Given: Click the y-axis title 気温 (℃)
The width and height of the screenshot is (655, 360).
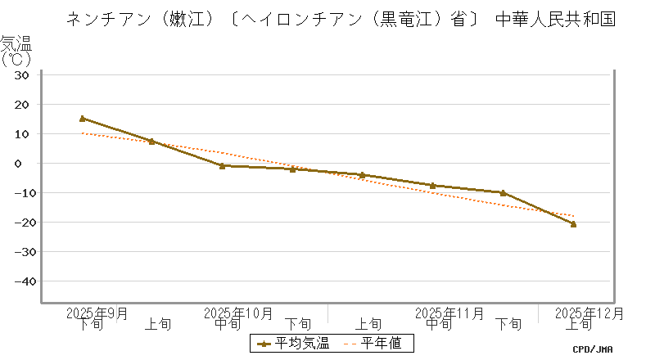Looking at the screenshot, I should tap(16, 51).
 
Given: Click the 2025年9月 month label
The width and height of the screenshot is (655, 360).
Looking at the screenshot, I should tap(97, 313).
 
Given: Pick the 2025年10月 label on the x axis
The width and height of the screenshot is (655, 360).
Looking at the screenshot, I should tap(237, 313).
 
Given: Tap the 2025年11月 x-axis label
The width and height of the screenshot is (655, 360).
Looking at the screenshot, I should tap(449, 313).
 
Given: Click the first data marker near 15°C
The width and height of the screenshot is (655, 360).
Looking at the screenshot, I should tap(82, 119).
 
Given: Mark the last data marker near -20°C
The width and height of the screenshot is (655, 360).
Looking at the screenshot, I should tap(573, 223).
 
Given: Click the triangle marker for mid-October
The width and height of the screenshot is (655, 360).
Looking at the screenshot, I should tap(222, 165).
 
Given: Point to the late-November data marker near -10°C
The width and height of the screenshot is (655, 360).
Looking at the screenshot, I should tap(503, 193).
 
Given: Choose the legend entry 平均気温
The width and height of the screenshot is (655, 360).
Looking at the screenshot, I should tap(293, 344).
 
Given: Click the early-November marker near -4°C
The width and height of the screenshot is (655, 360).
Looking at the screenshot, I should tap(362, 175).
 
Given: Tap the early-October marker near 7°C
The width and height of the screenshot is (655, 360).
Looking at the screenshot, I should tap(151, 142).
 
